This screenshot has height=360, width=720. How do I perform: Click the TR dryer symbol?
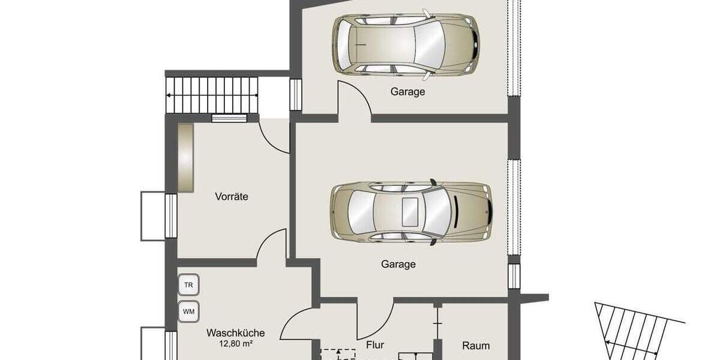[188, 285]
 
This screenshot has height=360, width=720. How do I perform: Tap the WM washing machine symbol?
[188, 311]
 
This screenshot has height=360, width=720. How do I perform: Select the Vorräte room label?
[232, 196]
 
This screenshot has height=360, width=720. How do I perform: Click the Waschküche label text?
[235, 332]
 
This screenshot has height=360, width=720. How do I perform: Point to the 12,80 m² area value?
[235, 344]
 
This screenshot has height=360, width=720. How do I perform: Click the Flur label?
[374, 345]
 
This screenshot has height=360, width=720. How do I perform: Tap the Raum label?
[476, 346]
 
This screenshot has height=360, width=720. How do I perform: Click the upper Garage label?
[407, 92]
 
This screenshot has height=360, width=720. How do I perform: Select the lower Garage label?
[398, 264]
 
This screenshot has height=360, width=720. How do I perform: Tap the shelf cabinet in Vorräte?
[185, 157]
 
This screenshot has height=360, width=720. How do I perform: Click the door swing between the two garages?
[354, 99]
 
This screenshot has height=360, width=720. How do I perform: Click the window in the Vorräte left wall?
[170, 216]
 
